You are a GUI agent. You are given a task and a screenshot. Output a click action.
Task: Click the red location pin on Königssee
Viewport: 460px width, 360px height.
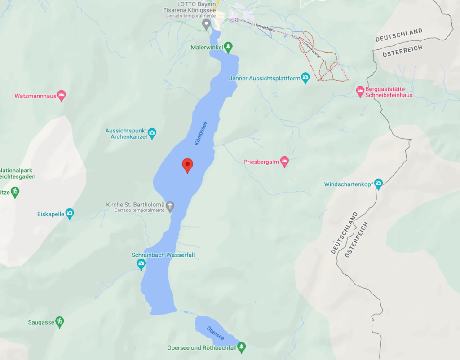point(187,165)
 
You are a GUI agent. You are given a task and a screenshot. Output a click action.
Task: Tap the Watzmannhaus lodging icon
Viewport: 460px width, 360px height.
point(62,95)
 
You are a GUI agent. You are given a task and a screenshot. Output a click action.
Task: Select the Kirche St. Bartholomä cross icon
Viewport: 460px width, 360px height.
point(170,206)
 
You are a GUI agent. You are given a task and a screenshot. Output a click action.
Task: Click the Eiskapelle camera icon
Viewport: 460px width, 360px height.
point(70,214)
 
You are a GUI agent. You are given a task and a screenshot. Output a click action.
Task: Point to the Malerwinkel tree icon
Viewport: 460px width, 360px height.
point(229,46)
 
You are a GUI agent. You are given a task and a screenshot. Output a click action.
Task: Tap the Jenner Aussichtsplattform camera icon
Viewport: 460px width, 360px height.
point(305,79)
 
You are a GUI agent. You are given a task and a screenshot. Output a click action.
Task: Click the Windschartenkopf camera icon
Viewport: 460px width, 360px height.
point(378,184)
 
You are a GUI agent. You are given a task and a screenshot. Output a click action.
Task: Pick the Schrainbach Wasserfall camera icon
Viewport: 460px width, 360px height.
point(141,264)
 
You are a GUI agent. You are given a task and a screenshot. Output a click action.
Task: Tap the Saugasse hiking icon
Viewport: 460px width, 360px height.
point(59,322)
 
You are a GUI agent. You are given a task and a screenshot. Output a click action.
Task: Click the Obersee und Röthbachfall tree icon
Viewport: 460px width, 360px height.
point(242,347)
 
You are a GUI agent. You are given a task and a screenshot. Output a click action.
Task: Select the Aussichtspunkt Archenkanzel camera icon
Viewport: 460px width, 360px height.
point(152,133)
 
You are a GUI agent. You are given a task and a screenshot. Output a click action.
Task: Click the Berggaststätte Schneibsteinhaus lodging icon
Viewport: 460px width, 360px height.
point(360,91)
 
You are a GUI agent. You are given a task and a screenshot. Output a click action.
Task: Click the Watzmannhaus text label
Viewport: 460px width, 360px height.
point(35,96)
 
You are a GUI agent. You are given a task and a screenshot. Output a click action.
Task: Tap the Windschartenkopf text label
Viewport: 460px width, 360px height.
point(349,184)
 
